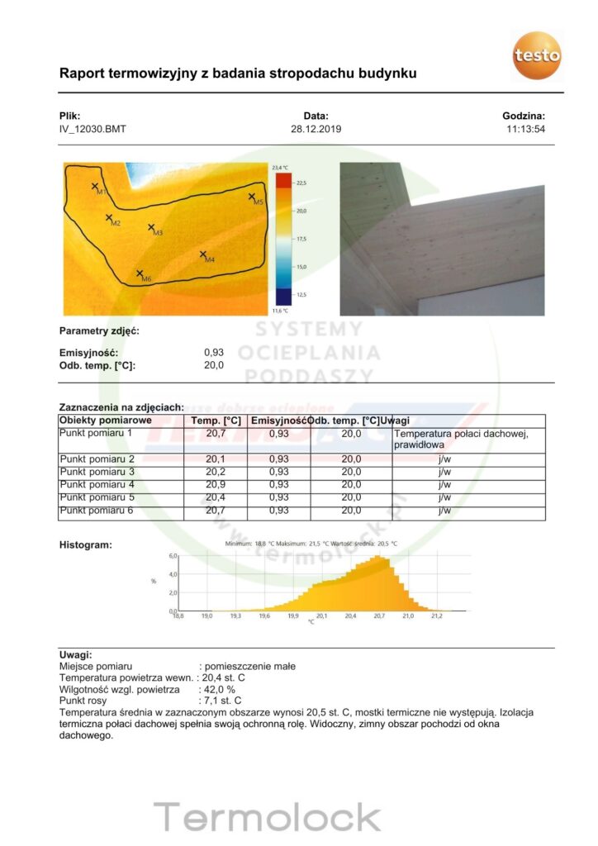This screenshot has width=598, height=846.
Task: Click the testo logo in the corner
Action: (537, 55)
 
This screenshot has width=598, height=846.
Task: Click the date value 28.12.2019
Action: (316, 130)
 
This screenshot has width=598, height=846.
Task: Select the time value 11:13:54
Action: (525, 130)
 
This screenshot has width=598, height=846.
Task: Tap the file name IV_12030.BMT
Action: (93, 130)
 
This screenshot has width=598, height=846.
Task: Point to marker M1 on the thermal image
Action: (95, 187)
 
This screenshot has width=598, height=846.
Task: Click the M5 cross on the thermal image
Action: (253, 197)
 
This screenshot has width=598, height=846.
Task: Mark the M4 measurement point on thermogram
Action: (203, 254)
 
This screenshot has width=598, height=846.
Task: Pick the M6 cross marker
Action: (140, 273)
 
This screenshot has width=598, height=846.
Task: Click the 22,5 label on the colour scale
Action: (301, 183)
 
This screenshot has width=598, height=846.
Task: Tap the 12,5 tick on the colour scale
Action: (301, 294)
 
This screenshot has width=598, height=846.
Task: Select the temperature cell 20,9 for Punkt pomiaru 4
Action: (216, 484)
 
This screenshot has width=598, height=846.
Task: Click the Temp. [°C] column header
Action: (216, 421)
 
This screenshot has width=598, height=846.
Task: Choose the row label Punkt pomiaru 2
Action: (97, 459)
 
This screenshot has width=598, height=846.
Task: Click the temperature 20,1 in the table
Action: (216, 459)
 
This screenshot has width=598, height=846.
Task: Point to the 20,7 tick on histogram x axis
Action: (379, 616)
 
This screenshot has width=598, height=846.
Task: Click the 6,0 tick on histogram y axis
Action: (173, 556)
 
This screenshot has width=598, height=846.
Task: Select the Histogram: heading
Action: (86, 545)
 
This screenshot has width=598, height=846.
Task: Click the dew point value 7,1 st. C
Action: (222, 701)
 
